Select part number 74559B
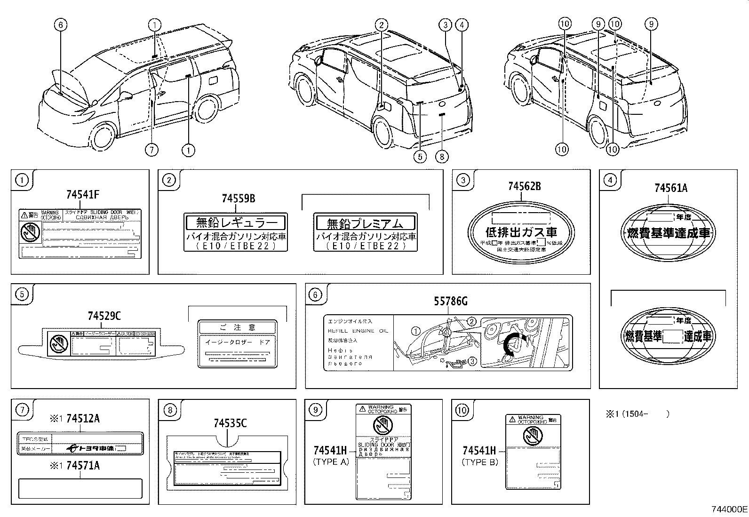point(239,199)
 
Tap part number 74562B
point(524,187)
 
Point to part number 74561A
point(670,188)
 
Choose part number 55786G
point(451,302)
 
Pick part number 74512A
point(83,418)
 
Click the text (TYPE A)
point(331,462)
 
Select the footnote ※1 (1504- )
point(637,414)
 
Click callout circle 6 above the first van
point(61,24)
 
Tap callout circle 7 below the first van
point(151,150)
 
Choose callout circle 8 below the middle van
point(442,156)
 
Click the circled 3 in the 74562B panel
point(463,180)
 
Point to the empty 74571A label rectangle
point(80,488)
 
